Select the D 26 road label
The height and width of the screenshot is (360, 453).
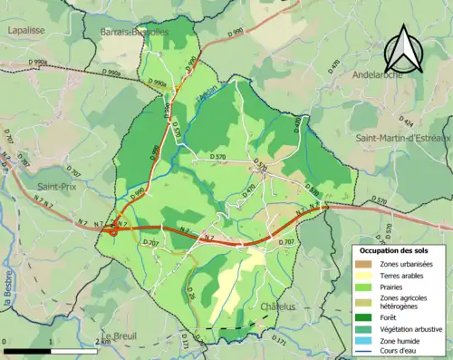click(191, 295)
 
